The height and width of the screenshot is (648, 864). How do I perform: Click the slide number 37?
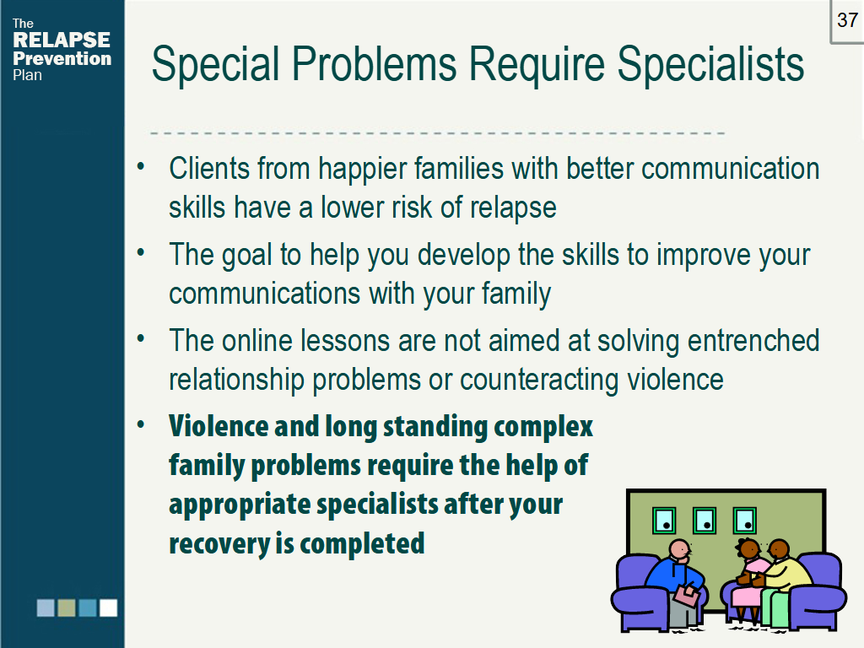click(847, 20)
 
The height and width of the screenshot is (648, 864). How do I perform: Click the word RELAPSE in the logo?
click(61, 40)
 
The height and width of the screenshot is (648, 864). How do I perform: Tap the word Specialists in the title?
click(710, 64)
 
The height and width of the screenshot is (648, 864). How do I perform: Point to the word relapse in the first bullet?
click(513, 208)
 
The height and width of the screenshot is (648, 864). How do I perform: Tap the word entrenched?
click(753, 341)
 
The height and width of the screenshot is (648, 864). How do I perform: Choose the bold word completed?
click(362, 544)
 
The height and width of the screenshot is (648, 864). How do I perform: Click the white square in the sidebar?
click(108, 607)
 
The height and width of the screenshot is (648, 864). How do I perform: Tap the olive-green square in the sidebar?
click(66, 607)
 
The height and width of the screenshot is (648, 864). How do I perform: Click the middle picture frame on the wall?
click(705, 520)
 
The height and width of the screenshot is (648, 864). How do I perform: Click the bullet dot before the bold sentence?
click(141, 425)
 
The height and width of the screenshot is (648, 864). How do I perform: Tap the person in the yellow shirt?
click(781, 579)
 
